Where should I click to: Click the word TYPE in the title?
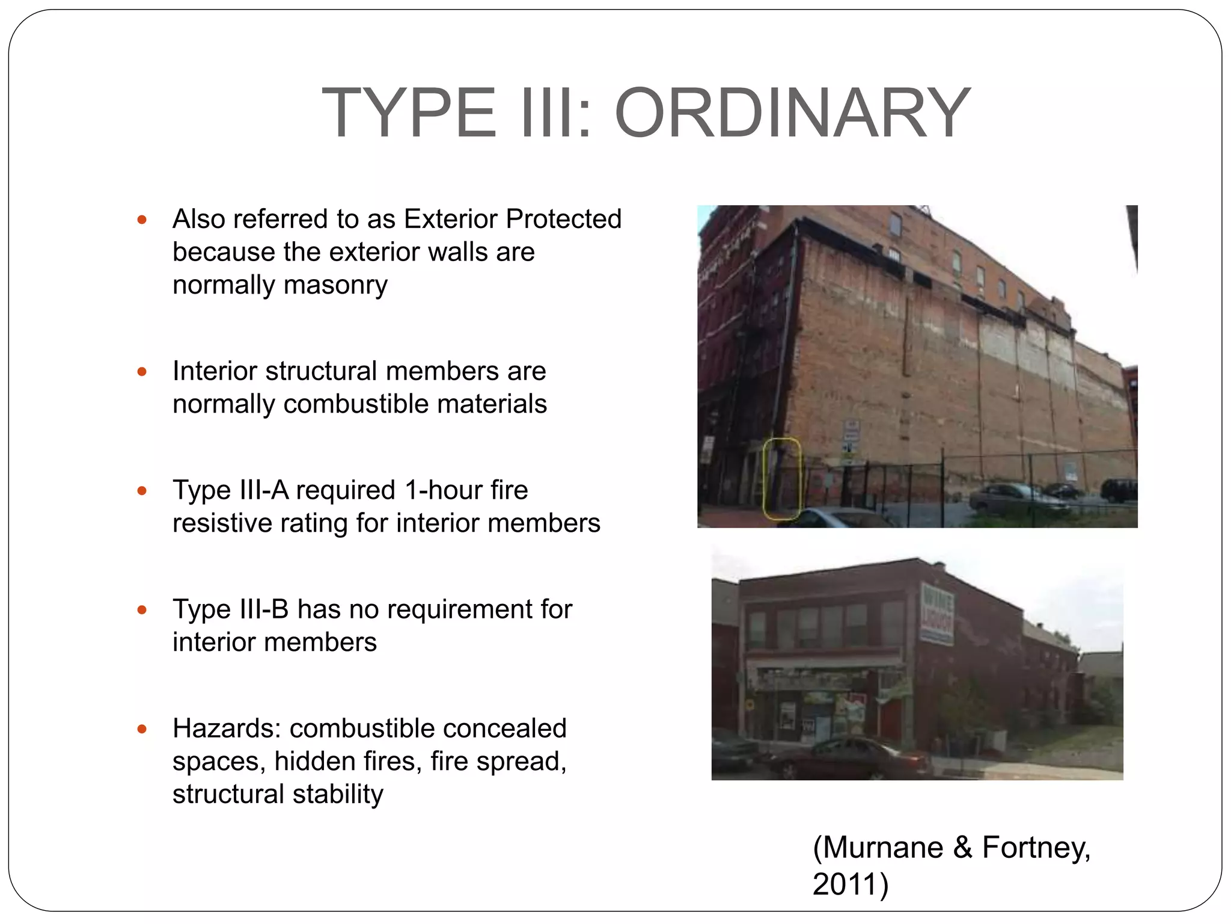pos(409,112)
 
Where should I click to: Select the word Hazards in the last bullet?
pos(227,728)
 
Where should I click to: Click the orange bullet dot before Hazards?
pos(142,729)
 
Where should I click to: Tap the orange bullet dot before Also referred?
pos(142,220)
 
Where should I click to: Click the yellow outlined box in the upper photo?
pos(781,478)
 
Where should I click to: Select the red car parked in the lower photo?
pos(848,759)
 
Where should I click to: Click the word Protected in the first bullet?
pos(563,219)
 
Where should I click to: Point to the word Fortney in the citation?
pos(1035,847)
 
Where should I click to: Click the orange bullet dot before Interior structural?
pos(142,371)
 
